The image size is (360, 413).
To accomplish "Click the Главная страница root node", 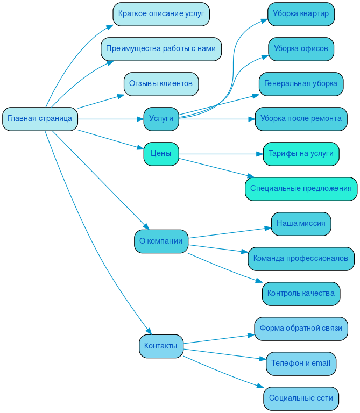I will (40, 119).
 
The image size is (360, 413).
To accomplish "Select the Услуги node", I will (161, 119).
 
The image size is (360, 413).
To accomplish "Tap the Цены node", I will (161, 154).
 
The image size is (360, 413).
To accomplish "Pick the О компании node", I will (161, 241).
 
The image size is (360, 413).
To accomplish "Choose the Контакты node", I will (161, 346).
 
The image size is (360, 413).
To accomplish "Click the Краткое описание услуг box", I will (161, 14).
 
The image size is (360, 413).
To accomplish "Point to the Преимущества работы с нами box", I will (161, 49).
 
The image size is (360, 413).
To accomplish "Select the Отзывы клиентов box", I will (161, 84).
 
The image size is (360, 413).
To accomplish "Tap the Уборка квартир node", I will (301, 14).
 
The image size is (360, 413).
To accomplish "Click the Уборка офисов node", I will (301, 49).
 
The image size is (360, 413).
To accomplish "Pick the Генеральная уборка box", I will (301, 84).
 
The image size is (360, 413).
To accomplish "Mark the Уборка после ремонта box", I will (301, 119).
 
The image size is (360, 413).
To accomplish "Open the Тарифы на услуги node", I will (301, 154).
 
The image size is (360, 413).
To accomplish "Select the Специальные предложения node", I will (301, 189).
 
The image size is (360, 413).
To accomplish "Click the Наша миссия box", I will (301, 224).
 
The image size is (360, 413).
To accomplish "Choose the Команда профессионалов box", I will (301, 259).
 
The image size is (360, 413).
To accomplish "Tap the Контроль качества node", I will (301, 294).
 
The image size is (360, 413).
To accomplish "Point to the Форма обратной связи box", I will (301, 329).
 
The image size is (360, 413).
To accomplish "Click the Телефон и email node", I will (301, 364).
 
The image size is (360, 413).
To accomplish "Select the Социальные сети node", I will (301, 398).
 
